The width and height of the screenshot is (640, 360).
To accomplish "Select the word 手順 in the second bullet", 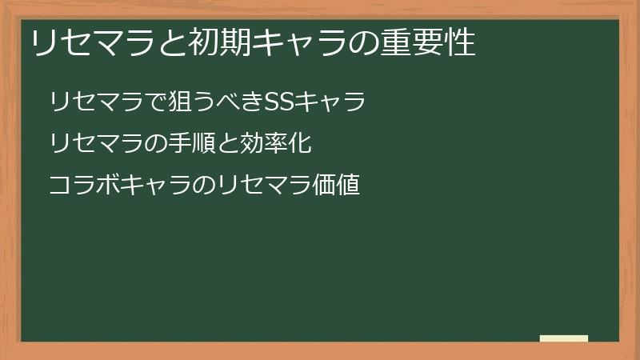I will pos(194,144).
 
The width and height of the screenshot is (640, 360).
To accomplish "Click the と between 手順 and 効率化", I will pos(230,144).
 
